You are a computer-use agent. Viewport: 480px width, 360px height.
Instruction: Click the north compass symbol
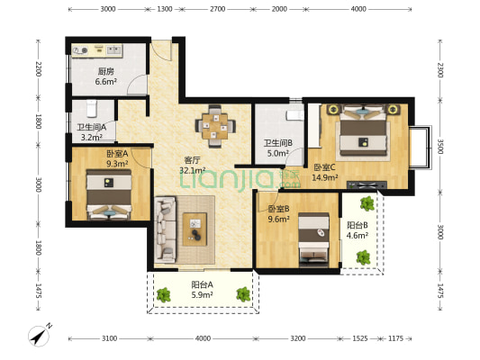40,335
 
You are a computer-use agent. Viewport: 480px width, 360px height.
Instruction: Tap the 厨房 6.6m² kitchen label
106,76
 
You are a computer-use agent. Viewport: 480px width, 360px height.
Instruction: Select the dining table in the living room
215,126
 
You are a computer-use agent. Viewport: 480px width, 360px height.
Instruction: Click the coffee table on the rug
195,229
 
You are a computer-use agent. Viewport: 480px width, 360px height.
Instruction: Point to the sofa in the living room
166,229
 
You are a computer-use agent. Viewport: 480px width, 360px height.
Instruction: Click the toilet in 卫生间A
92,109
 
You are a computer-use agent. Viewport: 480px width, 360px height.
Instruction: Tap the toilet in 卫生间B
294,115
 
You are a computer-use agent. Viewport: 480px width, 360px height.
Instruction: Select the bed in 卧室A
109,194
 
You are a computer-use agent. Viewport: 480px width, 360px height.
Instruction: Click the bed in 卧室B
313,239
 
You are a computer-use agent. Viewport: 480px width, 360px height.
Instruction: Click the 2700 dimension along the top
218,9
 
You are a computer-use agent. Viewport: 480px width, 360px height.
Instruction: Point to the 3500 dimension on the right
440,147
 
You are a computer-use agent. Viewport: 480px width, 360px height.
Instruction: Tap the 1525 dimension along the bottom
360,338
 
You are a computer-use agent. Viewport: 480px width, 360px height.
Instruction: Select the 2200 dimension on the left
38,68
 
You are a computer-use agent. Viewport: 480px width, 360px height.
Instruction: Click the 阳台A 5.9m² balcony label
202,290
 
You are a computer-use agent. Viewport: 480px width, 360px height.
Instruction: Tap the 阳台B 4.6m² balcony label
358,230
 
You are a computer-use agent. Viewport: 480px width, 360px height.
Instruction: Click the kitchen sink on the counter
114,49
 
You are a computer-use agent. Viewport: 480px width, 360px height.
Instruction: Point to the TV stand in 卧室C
367,184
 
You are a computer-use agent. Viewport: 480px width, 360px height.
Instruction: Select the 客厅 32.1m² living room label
192,166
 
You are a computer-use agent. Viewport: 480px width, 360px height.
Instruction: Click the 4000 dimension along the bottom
203,338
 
